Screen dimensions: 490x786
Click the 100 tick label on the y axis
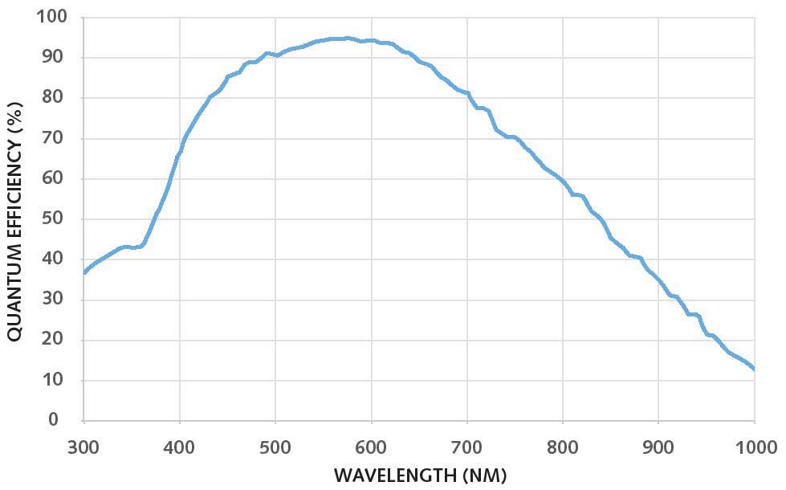(51, 17)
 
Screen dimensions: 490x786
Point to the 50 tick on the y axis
(55, 218)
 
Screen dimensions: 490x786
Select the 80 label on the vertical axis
(55, 97)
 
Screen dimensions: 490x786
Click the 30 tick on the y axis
(55, 299)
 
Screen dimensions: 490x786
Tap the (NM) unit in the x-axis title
(485, 475)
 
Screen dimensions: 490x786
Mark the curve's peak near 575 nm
(347, 38)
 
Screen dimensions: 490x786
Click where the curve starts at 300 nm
(84, 272)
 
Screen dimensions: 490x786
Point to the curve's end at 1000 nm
(754, 369)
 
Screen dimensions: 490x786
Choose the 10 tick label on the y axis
(55, 380)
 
